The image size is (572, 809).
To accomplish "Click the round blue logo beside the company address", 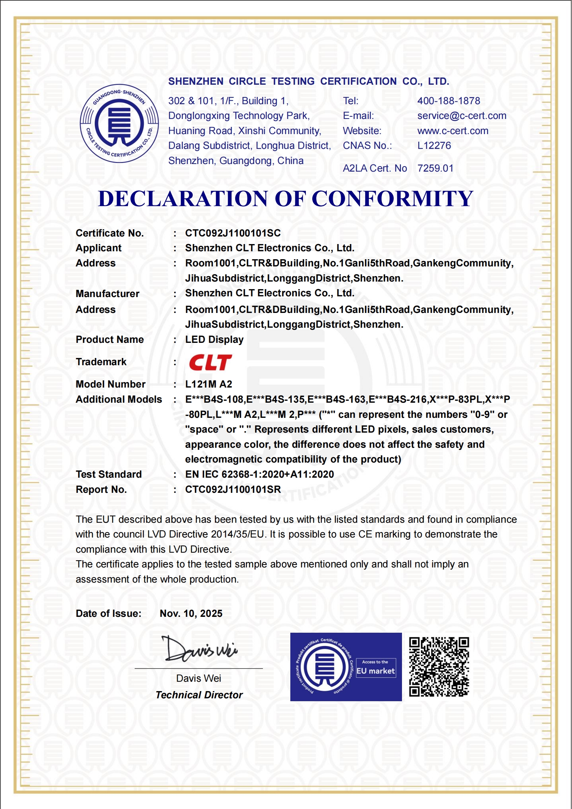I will pyautogui.click(x=119, y=124).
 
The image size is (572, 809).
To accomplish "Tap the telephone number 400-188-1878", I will pyautogui.click(x=448, y=101).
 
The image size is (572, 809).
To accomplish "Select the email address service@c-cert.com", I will pyautogui.click(x=461, y=116).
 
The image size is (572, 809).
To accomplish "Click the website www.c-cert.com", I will pyautogui.click(x=452, y=131).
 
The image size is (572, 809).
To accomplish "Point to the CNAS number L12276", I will pyautogui.click(x=434, y=146).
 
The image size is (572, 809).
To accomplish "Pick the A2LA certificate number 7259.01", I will pyautogui.click(x=435, y=168).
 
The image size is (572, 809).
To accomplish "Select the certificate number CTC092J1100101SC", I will pyautogui.click(x=233, y=233).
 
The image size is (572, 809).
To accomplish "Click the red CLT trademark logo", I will pyautogui.click(x=210, y=362).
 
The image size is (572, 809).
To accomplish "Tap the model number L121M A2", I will pyautogui.click(x=209, y=384).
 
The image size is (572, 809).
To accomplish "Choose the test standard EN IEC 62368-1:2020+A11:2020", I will pyautogui.click(x=259, y=474).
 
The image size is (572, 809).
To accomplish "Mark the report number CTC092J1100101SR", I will pyautogui.click(x=233, y=490).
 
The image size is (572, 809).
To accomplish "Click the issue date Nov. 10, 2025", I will pyautogui.click(x=191, y=614).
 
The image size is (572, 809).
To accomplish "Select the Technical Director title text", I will pyautogui.click(x=199, y=695).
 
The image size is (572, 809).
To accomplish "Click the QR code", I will pyautogui.click(x=439, y=667).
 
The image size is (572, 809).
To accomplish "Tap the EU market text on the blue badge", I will pyautogui.click(x=376, y=671).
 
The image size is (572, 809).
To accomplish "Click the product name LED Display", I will pyautogui.click(x=214, y=340).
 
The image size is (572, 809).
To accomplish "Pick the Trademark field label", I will pyautogui.click(x=101, y=362).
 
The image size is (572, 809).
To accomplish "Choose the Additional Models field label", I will pyautogui.click(x=119, y=399).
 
